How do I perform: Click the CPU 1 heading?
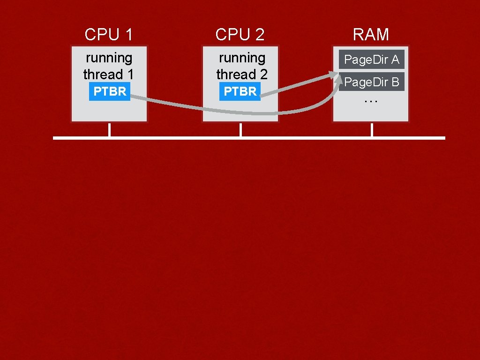(109, 34)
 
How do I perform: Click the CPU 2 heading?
(240, 34)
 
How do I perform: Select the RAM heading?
(371, 34)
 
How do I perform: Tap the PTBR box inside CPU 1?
(110, 91)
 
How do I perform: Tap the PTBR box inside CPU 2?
(240, 91)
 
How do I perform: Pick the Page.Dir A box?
(371, 60)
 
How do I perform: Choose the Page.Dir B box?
(371, 82)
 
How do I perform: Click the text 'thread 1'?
(109, 75)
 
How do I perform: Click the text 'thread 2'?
(242, 75)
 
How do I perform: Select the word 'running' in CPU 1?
(109, 58)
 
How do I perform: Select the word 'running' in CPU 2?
(242, 58)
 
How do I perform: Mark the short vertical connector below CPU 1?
(109, 130)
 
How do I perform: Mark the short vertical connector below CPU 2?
(240, 130)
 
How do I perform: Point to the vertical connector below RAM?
(372, 130)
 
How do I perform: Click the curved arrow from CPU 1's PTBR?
(234, 112)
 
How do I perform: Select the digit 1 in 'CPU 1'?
(128, 34)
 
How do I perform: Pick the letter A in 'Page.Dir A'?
(395, 60)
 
